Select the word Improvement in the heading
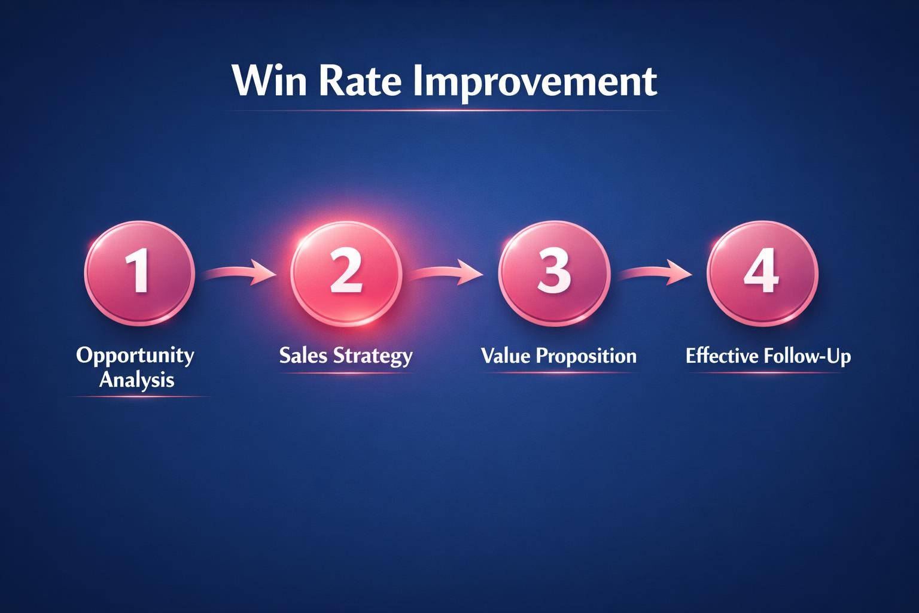click(535, 81)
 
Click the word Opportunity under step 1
click(135, 356)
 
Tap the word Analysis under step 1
click(136, 380)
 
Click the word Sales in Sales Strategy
click(303, 356)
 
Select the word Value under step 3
click(506, 356)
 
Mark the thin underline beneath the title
click(443, 111)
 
